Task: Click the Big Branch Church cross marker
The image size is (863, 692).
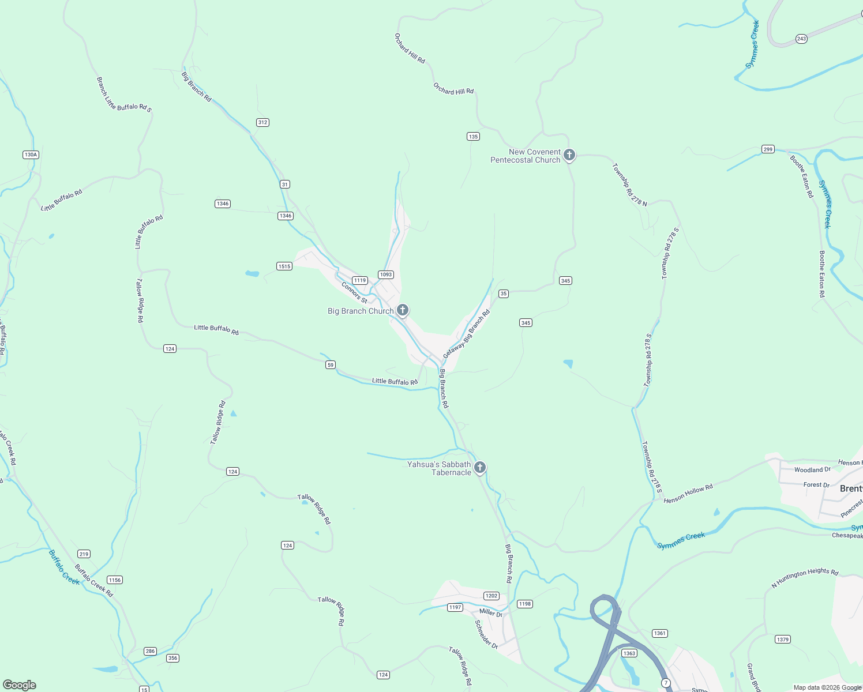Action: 403,310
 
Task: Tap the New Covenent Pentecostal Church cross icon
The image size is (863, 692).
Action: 569,155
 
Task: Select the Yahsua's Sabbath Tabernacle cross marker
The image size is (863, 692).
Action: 480,467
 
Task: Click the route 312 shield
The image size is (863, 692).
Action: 262,122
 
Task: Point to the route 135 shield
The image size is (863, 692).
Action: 473,137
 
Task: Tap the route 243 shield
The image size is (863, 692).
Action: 801,39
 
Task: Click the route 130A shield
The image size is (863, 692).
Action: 31,155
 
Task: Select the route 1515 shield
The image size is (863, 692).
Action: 284,266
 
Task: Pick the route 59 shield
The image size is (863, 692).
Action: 330,364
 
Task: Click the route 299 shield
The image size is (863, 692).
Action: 767,149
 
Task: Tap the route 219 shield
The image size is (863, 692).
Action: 84,554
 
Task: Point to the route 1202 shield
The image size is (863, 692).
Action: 491,596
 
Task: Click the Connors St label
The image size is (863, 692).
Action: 354,292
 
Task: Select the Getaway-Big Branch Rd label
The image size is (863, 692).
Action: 466,334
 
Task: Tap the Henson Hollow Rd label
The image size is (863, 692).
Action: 688,494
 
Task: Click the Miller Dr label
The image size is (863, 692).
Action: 491,612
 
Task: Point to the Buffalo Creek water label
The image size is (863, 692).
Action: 63,567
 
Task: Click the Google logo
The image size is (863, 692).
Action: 20,685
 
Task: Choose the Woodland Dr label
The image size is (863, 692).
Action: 812,470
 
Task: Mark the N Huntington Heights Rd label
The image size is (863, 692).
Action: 805,578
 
